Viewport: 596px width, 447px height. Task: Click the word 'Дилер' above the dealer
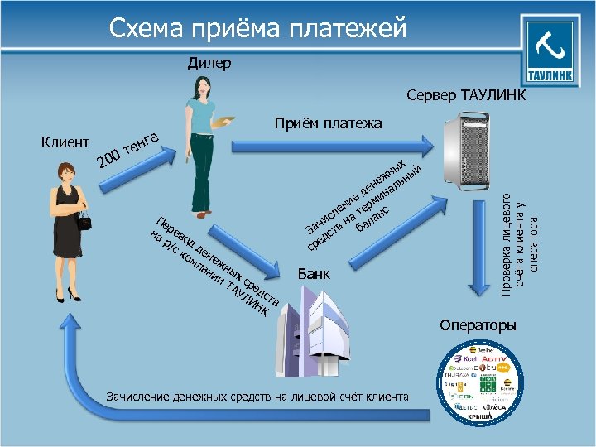point(209,63)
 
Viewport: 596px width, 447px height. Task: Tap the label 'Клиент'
point(65,142)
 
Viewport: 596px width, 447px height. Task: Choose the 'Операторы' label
point(478,324)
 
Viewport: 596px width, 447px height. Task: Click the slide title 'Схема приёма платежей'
point(259,29)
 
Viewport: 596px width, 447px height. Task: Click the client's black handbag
point(84,219)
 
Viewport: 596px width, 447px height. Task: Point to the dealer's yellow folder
point(220,123)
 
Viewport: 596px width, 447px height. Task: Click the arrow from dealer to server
point(331,147)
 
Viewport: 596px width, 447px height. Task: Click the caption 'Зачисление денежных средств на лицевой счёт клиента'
point(257,397)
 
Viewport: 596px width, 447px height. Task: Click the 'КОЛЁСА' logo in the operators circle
point(484,407)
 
